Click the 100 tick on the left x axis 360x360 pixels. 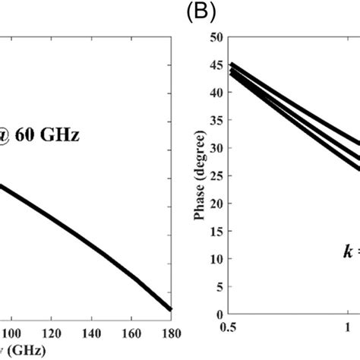[x=12, y=333]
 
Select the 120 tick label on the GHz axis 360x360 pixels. [x=52, y=333]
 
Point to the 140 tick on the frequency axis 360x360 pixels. [x=93, y=333]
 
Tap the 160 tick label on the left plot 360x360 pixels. [x=132, y=333]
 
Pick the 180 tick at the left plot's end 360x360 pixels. [x=172, y=333]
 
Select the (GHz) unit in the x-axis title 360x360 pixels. [x=24, y=351]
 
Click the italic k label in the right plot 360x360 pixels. [x=346, y=269]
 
